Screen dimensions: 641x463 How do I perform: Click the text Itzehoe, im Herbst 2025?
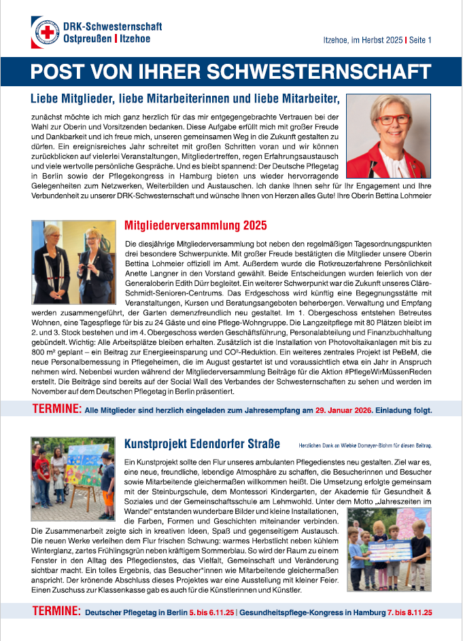coord(362,40)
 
